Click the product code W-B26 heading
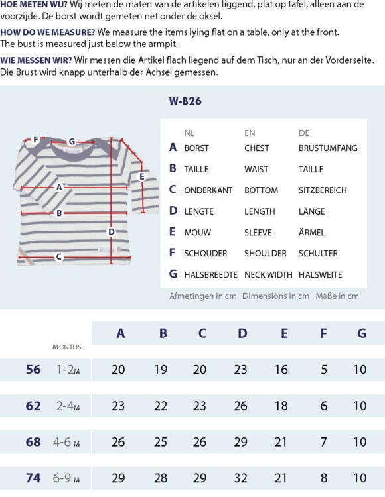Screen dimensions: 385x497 pyautogui.click(x=185, y=101)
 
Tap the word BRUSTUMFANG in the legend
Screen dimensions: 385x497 pyautogui.click(x=328, y=148)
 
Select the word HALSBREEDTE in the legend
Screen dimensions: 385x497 pyautogui.click(x=210, y=274)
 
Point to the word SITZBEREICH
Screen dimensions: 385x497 pyautogui.click(x=323, y=190)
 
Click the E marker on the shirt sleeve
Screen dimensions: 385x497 pyautogui.click(x=142, y=176)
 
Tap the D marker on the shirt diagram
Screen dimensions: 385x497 pyautogui.click(x=112, y=231)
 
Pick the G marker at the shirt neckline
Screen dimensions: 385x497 pyautogui.click(x=72, y=141)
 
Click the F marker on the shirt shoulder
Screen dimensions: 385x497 pyautogui.click(x=35, y=140)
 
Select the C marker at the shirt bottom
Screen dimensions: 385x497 pyautogui.click(x=58, y=256)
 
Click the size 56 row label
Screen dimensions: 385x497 pyautogui.click(x=33, y=370)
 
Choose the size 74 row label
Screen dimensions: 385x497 pyautogui.click(x=33, y=478)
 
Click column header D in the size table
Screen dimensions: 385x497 pyautogui.click(x=242, y=333)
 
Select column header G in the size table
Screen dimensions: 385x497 pyautogui.click(x=362, y=333)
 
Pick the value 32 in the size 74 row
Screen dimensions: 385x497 pyautogui.click(x=242, y=478)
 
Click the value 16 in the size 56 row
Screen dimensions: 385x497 pyautogui.click(x=281, y=370)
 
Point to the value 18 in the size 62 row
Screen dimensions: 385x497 pyautogui.click(x=281, y=406)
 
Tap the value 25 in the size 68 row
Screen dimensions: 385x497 pyautogui.click(x=161, y=442)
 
